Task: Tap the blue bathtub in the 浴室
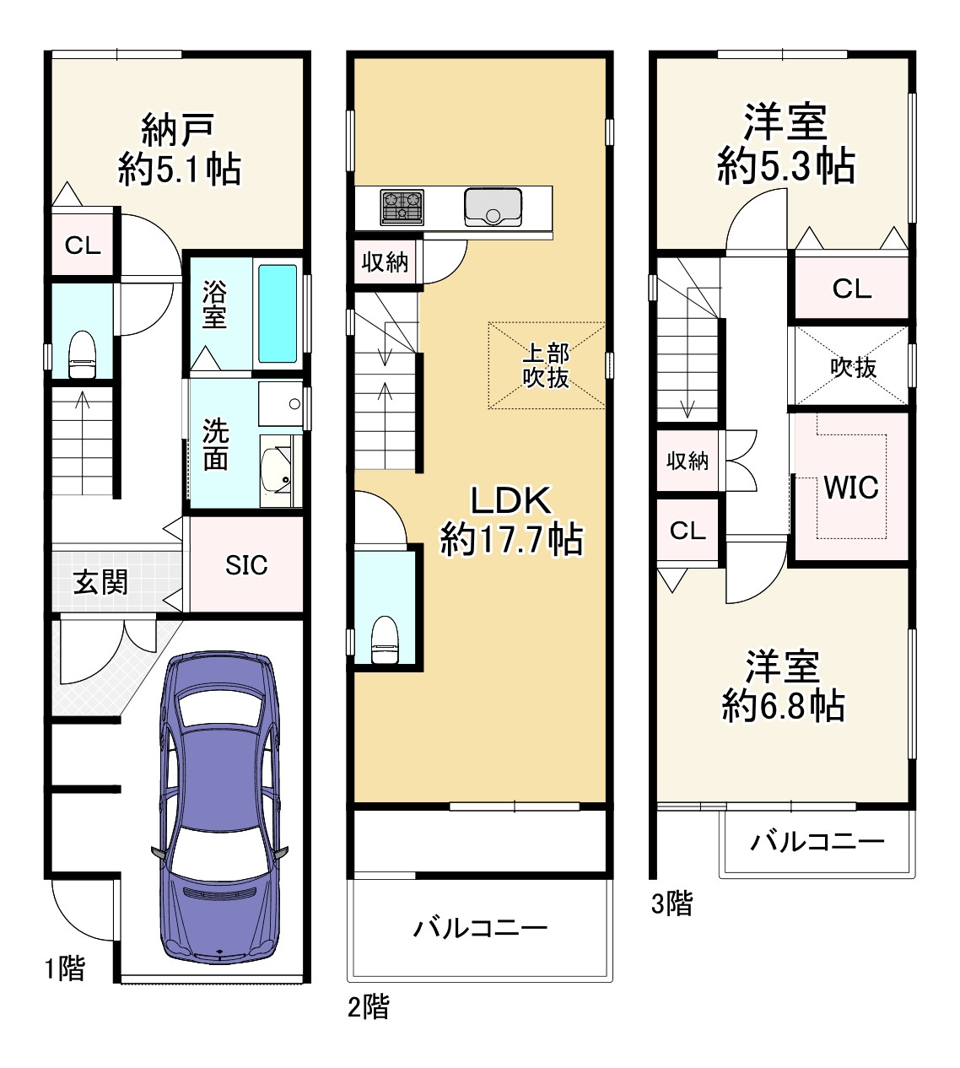(x=278, y=314)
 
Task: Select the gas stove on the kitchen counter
(x=402, y=207)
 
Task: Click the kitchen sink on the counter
(x=493, y=208)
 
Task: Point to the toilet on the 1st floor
(x=82, y=354)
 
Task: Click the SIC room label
(x=246, y=565)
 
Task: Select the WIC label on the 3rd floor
(x=851, y=487)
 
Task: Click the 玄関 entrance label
(x=100, y=582)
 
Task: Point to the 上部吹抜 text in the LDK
(x=546, y=365)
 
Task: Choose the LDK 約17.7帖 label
(x=511, y=521)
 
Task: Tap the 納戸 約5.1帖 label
(x=180, y=149)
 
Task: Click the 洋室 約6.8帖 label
(x=783, y=686)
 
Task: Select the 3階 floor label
(x=672, y=903)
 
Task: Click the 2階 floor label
(x=369, y=1006)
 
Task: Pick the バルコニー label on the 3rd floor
(x=817, y=842)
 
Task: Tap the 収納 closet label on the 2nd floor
(x=385, y=262)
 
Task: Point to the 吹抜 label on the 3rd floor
(x=853, y=367)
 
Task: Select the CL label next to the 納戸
(x=83, y=245)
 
